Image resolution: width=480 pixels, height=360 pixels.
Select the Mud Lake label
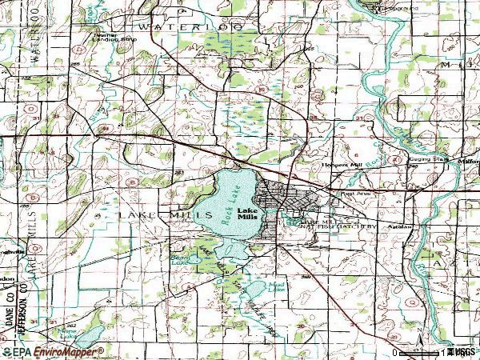tap(277, 284)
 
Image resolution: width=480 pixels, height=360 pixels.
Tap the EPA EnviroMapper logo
tap(53, 351)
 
